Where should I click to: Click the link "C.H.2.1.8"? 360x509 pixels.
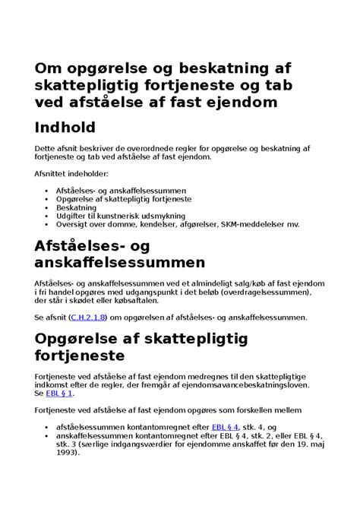coord(86,317)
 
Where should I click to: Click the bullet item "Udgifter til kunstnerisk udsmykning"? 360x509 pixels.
coord(122,216)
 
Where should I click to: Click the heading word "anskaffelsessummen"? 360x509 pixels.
coord(120,262)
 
